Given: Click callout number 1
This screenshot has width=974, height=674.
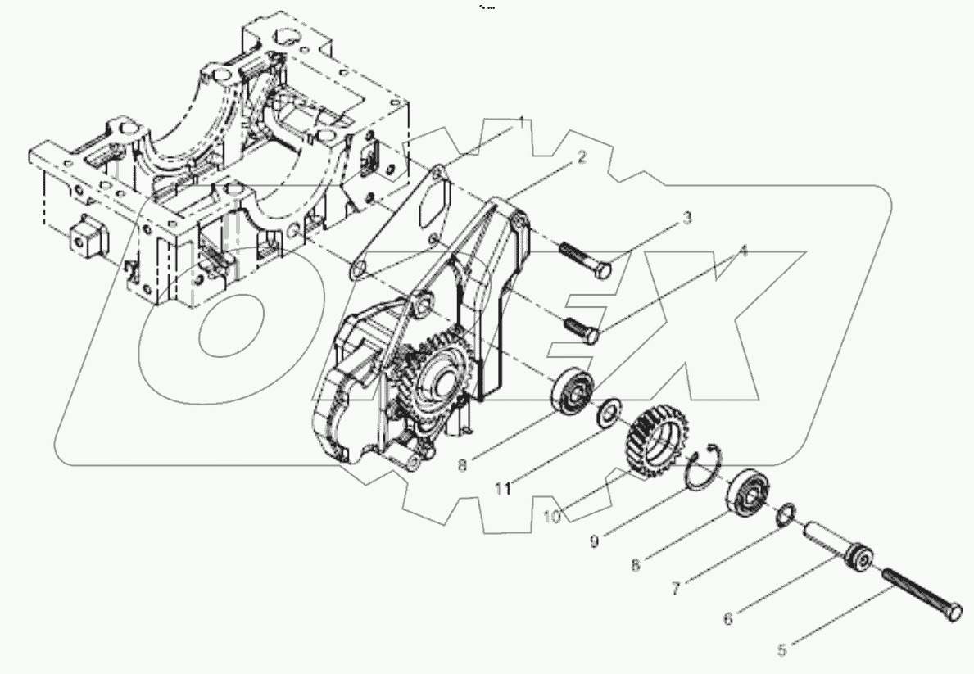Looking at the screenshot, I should tap(520, 124).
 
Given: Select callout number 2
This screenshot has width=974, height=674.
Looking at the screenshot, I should tap(581, 158).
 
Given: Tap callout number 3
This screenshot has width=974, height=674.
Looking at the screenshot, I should tap(687, 218).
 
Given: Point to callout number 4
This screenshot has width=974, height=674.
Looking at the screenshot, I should tap(743, 251).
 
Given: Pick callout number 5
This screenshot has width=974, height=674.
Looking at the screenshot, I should tap(781, 649).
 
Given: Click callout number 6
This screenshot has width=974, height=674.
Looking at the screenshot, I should tap(728, 618).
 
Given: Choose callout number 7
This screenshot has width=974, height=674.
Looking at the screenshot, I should tap(676, 588).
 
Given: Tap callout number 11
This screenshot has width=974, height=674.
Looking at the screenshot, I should tap(503, 488).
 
